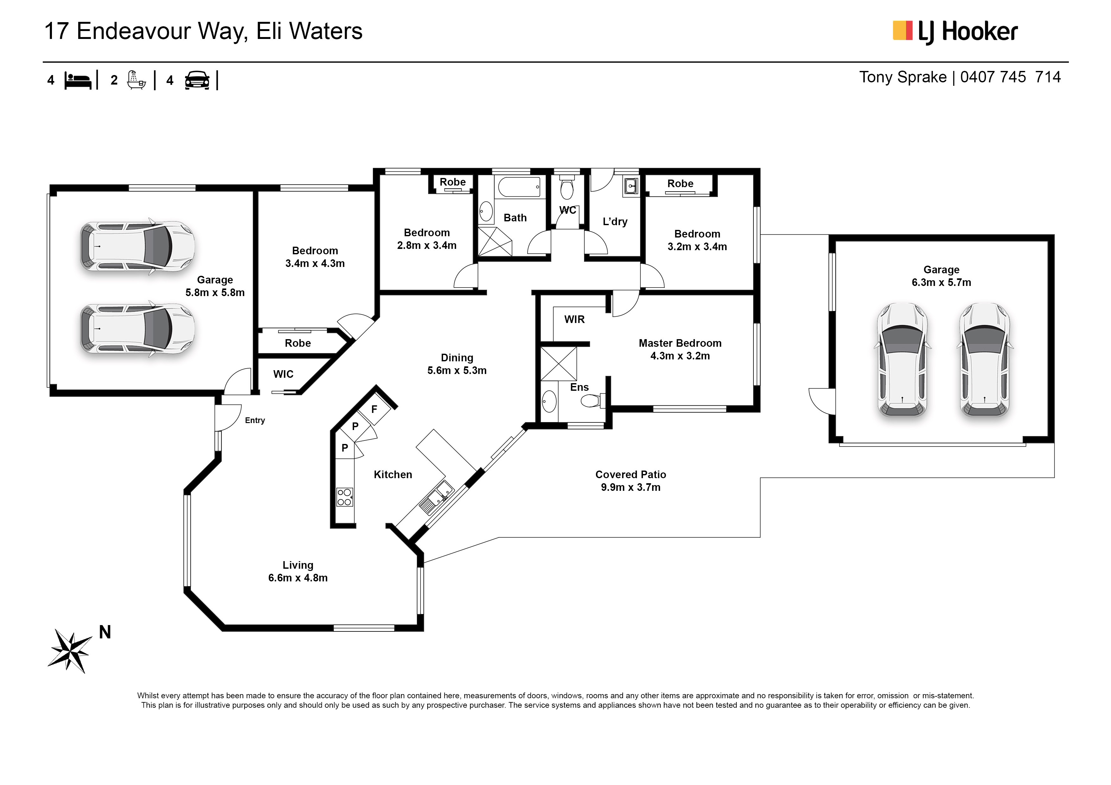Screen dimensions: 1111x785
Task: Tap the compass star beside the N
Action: point(71,651)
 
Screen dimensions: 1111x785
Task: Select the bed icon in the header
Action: point(78,80)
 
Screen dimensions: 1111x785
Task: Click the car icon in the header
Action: point(197,80)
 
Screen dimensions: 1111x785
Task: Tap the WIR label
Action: point(575,319)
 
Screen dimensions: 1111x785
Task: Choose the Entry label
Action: point(255,420)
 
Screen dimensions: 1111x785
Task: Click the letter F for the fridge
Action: point(374,409)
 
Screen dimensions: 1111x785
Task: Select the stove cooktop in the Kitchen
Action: point(345,497)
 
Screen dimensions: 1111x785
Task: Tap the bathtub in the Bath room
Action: point(519,187)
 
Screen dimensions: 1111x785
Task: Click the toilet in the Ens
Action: point(593,401)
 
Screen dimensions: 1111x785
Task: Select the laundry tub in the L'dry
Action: point(631,186)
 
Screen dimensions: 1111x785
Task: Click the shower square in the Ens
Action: point(558,364)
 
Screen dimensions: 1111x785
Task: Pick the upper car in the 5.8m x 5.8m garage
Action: point(137,246)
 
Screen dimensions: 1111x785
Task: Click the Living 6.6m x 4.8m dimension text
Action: point(298,578)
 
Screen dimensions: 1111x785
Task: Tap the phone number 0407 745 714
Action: point(1010,77)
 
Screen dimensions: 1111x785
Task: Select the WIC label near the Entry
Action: point(283,374)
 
